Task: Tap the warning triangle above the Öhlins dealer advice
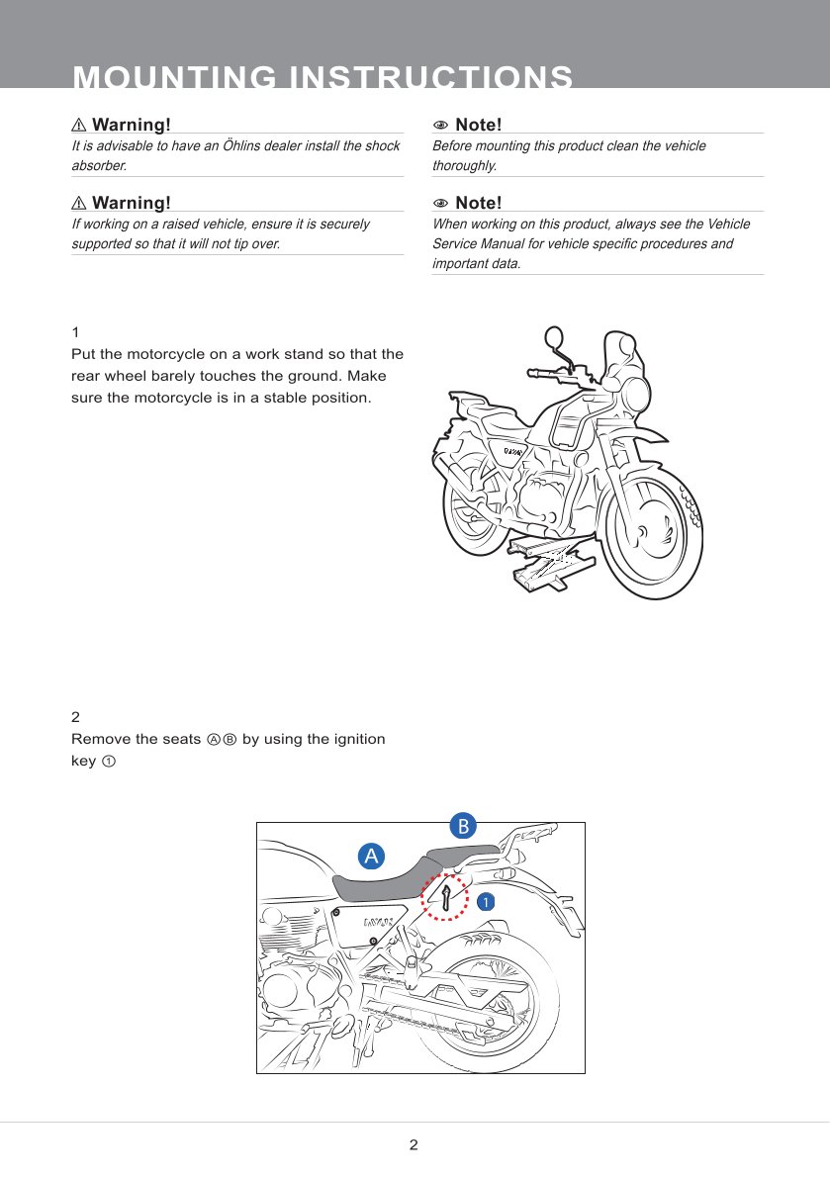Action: click(80, 126)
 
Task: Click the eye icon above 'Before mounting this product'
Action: click(441, 126)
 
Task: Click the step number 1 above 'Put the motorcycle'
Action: click(75, 330)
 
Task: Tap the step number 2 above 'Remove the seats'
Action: click(75, 715)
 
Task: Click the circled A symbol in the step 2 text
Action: click(213, 740)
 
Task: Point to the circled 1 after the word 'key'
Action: click(109, 762)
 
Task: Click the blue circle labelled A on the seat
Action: click(371, 856)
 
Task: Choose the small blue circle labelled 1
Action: click(485, 901)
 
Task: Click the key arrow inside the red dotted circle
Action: click(447, 897)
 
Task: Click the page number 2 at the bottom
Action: click(414, 1145)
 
